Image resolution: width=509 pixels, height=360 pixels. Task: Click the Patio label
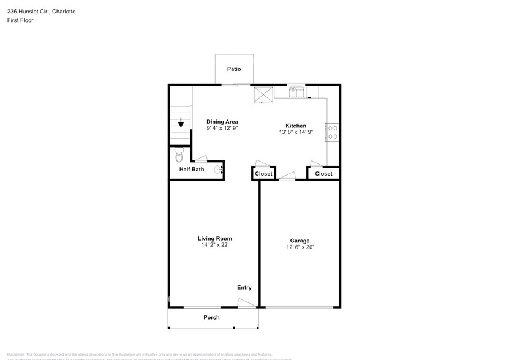(x=234, y=69)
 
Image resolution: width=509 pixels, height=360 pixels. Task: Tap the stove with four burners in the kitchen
(x=334, y=133)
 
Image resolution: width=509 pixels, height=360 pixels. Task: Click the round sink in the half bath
(x=218, y=170)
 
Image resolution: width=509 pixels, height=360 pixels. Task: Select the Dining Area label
(x=222, y=121)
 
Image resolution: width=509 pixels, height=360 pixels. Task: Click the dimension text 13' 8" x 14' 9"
(x=296, y=132)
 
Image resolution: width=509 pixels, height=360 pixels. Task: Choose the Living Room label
(x=214, y=238)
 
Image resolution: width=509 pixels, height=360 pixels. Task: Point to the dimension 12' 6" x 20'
(x=300, y=247)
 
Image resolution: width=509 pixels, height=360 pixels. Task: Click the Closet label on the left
(x=263, y=174)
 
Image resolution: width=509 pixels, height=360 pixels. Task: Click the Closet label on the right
(x=323, y=174)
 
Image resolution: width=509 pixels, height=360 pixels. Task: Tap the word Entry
(x=244, y=287)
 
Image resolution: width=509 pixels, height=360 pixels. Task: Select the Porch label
(x=211, y=317)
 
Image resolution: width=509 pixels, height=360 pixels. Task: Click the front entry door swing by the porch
(x=245, y=302)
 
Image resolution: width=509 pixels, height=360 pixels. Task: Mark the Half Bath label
(x=192, y=170)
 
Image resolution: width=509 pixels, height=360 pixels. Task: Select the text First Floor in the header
(x=21, y=20)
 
